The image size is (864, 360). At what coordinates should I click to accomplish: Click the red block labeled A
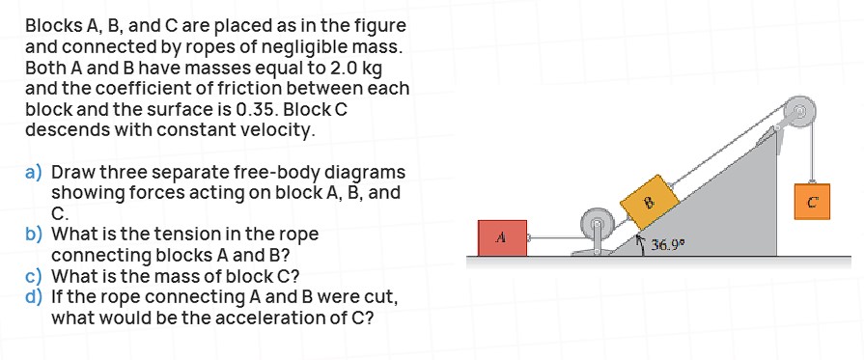click(x=501, y=236)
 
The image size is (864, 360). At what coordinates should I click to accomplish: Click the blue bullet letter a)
click(x=34, y=173)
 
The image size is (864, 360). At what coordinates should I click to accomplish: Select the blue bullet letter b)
click(x=34, y=235)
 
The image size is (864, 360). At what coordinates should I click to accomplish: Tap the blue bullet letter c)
click(x=34, y=275)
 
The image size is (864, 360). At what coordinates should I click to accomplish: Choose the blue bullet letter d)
click(x=34, y=295)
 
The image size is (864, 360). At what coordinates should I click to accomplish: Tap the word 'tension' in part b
click(x=197, y=235)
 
